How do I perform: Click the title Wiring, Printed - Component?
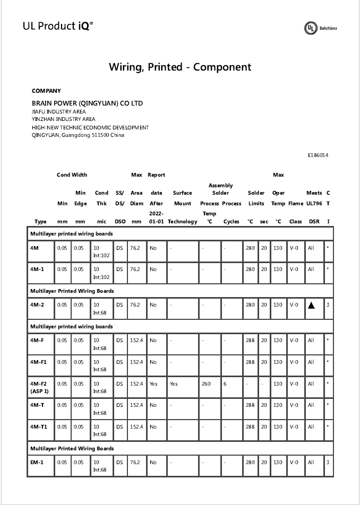(180, 67)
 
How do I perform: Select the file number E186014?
(318, 155)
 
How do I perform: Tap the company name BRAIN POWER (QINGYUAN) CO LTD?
(87, 103)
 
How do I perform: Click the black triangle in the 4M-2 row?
(312, 305)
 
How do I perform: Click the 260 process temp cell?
(206, 384)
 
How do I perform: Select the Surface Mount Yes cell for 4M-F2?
(174, 384)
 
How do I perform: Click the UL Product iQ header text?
(58, 25)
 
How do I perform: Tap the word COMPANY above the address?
(46, 91)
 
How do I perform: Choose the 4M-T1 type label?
(38, 426)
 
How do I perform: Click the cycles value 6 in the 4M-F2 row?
(225, 384)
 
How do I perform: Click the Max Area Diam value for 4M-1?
(135, 269)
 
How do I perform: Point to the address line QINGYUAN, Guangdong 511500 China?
(78, 135)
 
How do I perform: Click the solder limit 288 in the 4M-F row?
(251, 340)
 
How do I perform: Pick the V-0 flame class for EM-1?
(294, 462)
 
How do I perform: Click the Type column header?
(40, 221)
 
